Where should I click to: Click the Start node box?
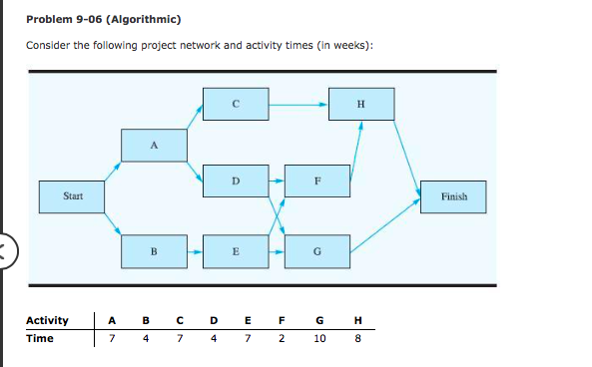[73, 195]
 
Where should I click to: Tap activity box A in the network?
[154, 145]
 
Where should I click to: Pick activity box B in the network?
[154, 251]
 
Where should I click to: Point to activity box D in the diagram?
[235, 181]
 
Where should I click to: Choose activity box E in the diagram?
[235, 251]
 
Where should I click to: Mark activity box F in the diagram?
[316, 181]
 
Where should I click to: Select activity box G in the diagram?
[316, 251]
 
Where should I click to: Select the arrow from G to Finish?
[385, 224]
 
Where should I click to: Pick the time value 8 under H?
[357, 338]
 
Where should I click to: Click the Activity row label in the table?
[47, 320]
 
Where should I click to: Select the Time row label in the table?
[39, 338]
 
